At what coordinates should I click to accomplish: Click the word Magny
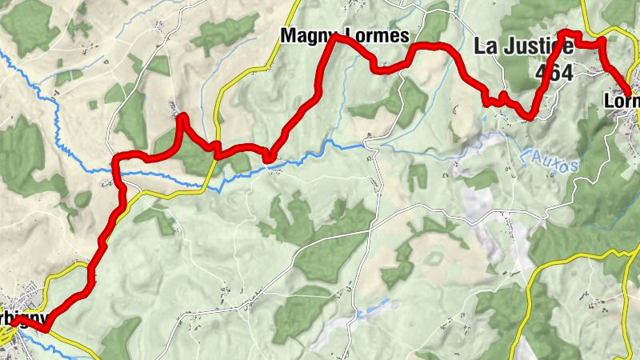305,36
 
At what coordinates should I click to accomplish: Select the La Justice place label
524,46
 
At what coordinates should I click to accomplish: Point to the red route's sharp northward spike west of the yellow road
183,117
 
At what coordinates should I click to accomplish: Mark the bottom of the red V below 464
530,118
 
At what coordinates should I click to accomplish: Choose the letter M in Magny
287,36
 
